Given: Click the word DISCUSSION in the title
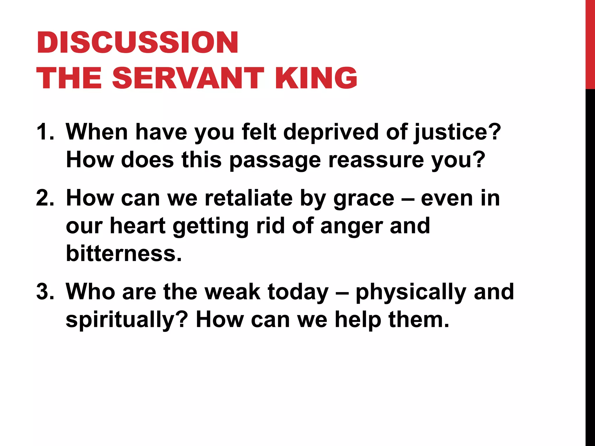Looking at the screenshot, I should [137, 43].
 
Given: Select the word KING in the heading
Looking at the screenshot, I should [316, 78].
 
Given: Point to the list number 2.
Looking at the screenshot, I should [45, 198].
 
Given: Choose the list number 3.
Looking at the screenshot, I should [45, 292].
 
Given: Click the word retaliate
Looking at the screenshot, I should [248, 198].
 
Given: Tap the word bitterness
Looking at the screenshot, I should [124, 253].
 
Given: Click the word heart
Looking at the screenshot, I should [138, 226].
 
